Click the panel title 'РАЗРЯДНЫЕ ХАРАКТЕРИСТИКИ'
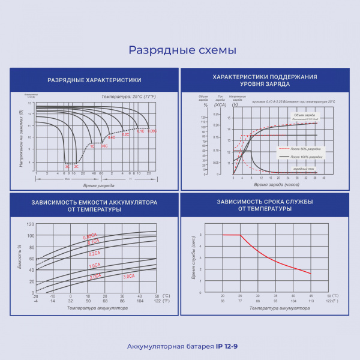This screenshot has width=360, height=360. click(94, 80)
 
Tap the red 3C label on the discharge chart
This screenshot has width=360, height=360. click(67, 166)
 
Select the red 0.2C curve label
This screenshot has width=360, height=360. click(125, 135)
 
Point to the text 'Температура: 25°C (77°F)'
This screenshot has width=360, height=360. click(128, 97)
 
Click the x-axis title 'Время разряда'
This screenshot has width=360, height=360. click(97, 185)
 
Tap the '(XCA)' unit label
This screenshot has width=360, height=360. click(220, 104)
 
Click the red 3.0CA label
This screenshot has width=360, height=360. click(128, 277)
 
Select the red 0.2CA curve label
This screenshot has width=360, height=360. click(94, 254)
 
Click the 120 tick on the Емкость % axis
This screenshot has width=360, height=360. click(31, 224)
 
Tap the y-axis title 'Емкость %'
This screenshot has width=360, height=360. click(20, 256)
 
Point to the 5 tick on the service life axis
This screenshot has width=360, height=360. click(200, 235)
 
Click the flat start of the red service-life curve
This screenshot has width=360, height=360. click(231, 235)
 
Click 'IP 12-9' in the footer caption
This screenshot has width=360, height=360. click(226, 346)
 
